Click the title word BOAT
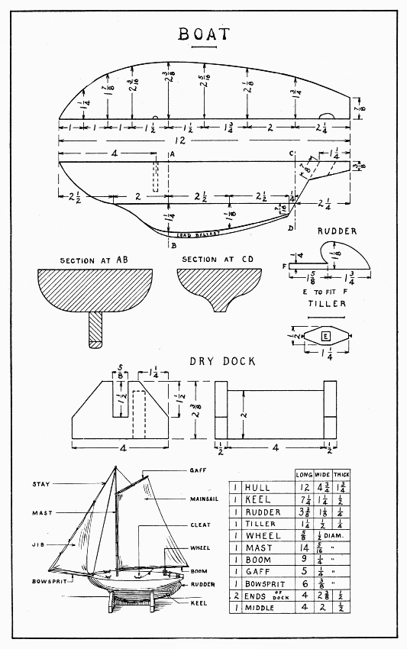tap(203, 34)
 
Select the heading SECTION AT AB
tap(92, 260)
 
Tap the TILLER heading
tap(328, 303)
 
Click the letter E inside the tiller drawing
tap(325, 335)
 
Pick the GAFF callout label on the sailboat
tap(198, 470)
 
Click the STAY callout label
tap(41, 484)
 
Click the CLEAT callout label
tap(201, 525)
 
